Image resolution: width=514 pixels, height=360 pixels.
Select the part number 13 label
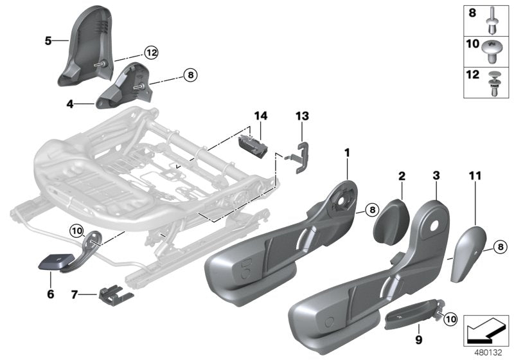pos(302,116)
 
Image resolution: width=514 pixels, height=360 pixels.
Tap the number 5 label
pos(48,40)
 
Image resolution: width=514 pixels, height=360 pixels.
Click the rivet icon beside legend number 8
pos(493,19)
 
